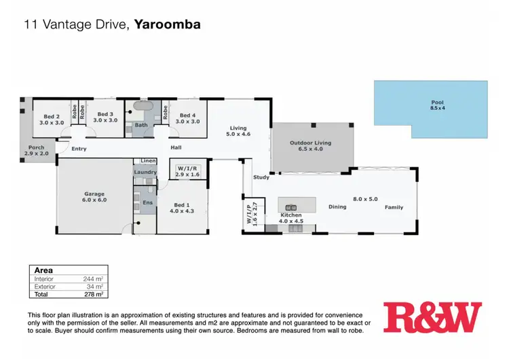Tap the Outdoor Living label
pos(312,146)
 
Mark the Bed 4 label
pos(187,118)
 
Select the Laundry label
pos(145,173)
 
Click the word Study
pos(261,177)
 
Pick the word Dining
pos(337,207)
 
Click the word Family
pos(394,207)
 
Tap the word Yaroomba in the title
pos(167,25)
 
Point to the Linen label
pos(147,161)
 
